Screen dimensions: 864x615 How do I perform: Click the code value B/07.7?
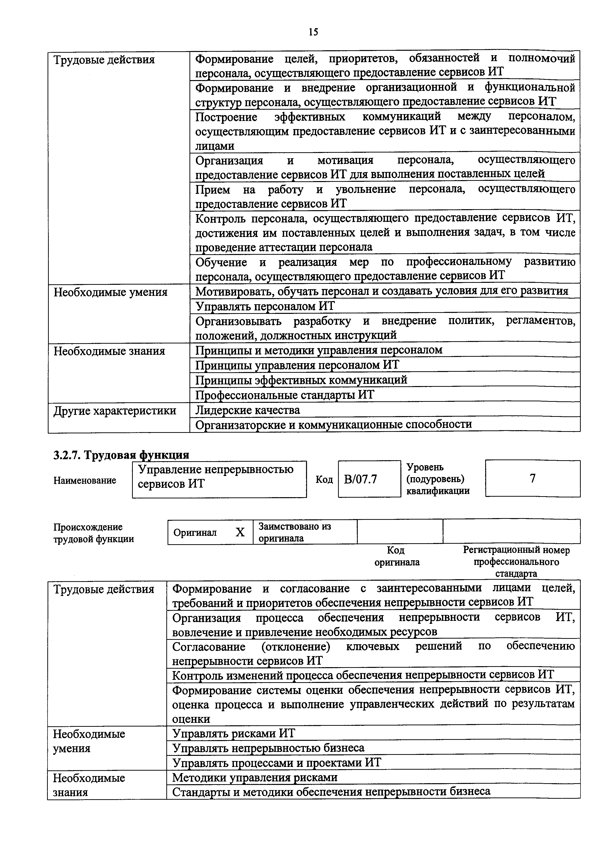(x=360, y=479)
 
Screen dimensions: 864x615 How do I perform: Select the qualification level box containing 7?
(x=532, y=479)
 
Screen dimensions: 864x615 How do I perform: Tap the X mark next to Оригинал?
(x=240, y=532)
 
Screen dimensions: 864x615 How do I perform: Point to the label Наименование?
(x=85, y=480)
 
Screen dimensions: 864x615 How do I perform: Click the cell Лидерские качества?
(x=247, y=410)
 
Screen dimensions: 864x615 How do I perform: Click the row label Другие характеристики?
(x=115, y=411)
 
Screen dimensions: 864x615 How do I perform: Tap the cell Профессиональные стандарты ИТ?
(x=284, y=395)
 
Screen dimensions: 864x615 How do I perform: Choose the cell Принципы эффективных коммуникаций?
(x=301, y=379)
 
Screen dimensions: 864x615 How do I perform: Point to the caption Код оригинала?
(x=396, y=556)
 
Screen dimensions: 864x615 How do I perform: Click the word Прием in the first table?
(x=212, y=189)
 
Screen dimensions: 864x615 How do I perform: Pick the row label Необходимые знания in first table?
(x=109, y=351)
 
